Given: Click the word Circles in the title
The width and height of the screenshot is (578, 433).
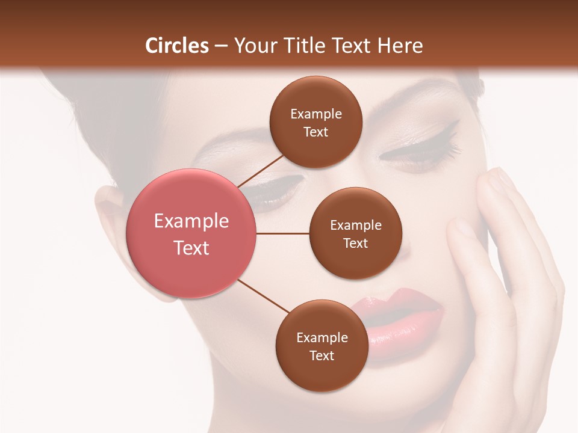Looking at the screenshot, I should [x=177, y=46].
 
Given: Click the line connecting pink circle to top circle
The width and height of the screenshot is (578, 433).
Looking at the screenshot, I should [x=261, y=170].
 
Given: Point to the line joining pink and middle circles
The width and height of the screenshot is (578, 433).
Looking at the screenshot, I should [x=282, y=233].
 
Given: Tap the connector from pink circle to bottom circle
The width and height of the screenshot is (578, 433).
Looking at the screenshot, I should [x=263, y=295].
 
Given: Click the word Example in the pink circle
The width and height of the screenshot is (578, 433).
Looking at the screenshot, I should [x=191, y=221].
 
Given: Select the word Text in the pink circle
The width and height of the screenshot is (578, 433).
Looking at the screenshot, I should [x=191, y=247].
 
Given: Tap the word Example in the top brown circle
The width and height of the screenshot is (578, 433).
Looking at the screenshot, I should [x=316, y=114].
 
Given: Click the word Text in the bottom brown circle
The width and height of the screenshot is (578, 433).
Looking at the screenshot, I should [x=322, y=355].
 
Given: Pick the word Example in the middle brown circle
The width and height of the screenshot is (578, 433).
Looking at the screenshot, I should [x=356, y=226].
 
